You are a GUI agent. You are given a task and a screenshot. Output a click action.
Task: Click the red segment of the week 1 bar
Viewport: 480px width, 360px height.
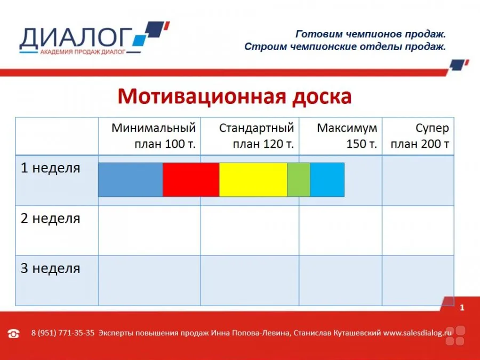coord(191,180)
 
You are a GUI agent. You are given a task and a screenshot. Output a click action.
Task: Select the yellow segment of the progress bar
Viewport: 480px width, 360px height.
coord(253,180)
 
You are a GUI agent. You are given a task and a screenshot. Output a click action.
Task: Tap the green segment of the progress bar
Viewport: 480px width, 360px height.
coord(299,180)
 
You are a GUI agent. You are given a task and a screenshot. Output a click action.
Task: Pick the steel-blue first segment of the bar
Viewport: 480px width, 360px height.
coord(131,180)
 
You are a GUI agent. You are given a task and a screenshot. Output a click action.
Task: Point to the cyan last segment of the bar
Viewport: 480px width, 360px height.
coord(327,180)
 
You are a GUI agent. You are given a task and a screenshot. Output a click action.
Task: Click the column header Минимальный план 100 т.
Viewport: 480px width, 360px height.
coord(154,135)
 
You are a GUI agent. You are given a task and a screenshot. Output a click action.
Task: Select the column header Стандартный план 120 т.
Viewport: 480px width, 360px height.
coord(257,135)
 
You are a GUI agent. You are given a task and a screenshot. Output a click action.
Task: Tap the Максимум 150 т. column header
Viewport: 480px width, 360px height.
coord(347,135)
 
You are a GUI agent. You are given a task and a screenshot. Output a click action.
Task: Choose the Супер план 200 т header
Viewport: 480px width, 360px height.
coord(420,135)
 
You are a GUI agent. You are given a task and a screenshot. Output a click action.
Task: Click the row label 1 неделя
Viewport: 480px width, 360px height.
coord(51,168)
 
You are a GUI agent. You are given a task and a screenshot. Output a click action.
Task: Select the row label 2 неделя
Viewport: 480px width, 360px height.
coord(51,218)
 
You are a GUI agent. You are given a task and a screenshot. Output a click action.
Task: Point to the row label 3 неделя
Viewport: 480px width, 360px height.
coord(51,268)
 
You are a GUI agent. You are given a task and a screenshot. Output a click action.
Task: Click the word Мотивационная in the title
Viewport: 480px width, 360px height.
coord(202,97)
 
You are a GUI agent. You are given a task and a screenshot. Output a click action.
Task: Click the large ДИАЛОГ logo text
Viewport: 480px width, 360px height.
coord(76,38)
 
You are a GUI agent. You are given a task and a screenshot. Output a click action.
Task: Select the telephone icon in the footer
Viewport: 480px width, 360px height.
coord(13,333)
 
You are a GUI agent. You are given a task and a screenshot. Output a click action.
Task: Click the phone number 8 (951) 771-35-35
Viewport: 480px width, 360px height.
coord(63,333)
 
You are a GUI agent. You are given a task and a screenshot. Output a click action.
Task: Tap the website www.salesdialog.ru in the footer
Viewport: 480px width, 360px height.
coord(418,333)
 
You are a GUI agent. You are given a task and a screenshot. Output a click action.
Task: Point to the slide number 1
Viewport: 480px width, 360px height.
coord(462,307)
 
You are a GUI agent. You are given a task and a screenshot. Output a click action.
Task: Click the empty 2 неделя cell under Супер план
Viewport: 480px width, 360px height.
coord(418,230)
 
